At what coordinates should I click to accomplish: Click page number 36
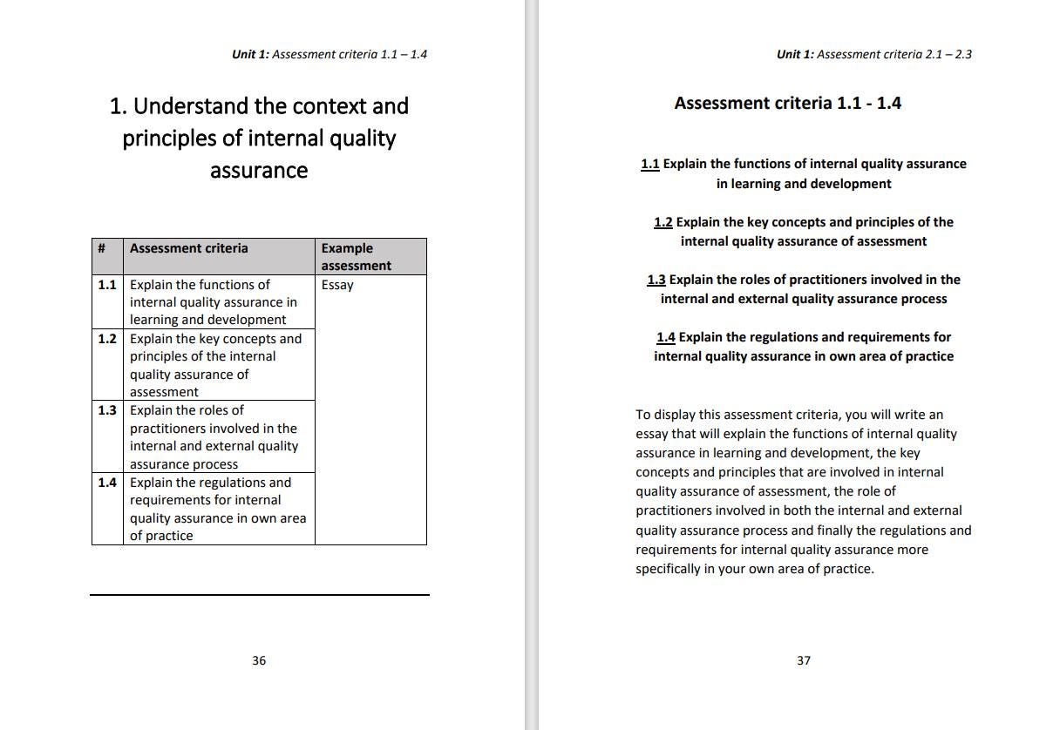259,660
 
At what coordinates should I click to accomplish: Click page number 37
804,660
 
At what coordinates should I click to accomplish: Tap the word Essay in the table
337,285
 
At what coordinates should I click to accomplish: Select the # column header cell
102,248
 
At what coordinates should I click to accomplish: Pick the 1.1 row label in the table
107,285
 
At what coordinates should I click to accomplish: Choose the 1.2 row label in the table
107,339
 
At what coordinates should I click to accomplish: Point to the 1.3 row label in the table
107,410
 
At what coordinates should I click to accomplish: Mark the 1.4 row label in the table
107,483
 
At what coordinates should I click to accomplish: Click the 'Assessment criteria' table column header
189,248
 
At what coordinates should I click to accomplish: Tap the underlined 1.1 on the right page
650,164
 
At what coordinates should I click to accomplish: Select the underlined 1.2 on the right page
663,222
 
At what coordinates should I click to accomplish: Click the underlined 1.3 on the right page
656,280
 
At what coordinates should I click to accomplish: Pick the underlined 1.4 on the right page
666,337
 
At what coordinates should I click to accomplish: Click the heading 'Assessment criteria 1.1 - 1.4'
787,103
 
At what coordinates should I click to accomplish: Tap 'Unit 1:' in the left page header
250,54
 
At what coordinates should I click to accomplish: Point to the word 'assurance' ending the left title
259,170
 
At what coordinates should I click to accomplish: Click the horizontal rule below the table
260,595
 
